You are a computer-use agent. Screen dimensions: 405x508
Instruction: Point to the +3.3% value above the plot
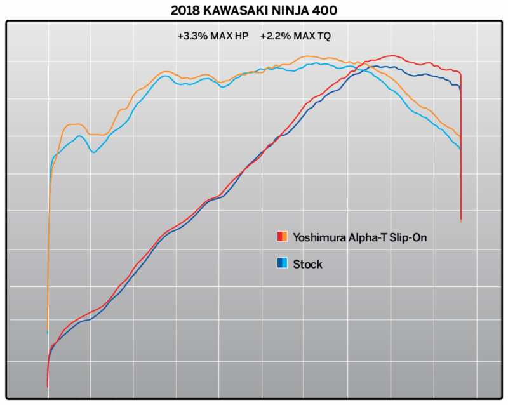(x=190, y=36)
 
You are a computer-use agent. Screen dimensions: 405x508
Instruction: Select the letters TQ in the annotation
(x=324, y=36)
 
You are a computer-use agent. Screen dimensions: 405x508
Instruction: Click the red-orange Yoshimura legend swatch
(x=283, y=237)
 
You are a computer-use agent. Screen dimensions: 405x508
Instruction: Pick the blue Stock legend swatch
(x=283, y=263)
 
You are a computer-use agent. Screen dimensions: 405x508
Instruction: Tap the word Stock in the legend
(x=307, y=264)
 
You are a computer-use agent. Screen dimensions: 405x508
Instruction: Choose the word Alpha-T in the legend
(x=370, y=237)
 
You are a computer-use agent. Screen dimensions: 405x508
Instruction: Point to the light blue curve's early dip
(x=94, y=152)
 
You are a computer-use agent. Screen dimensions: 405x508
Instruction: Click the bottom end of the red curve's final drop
(x=460, y=220)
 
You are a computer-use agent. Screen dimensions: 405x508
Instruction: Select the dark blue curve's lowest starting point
(x=48, y=385)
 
